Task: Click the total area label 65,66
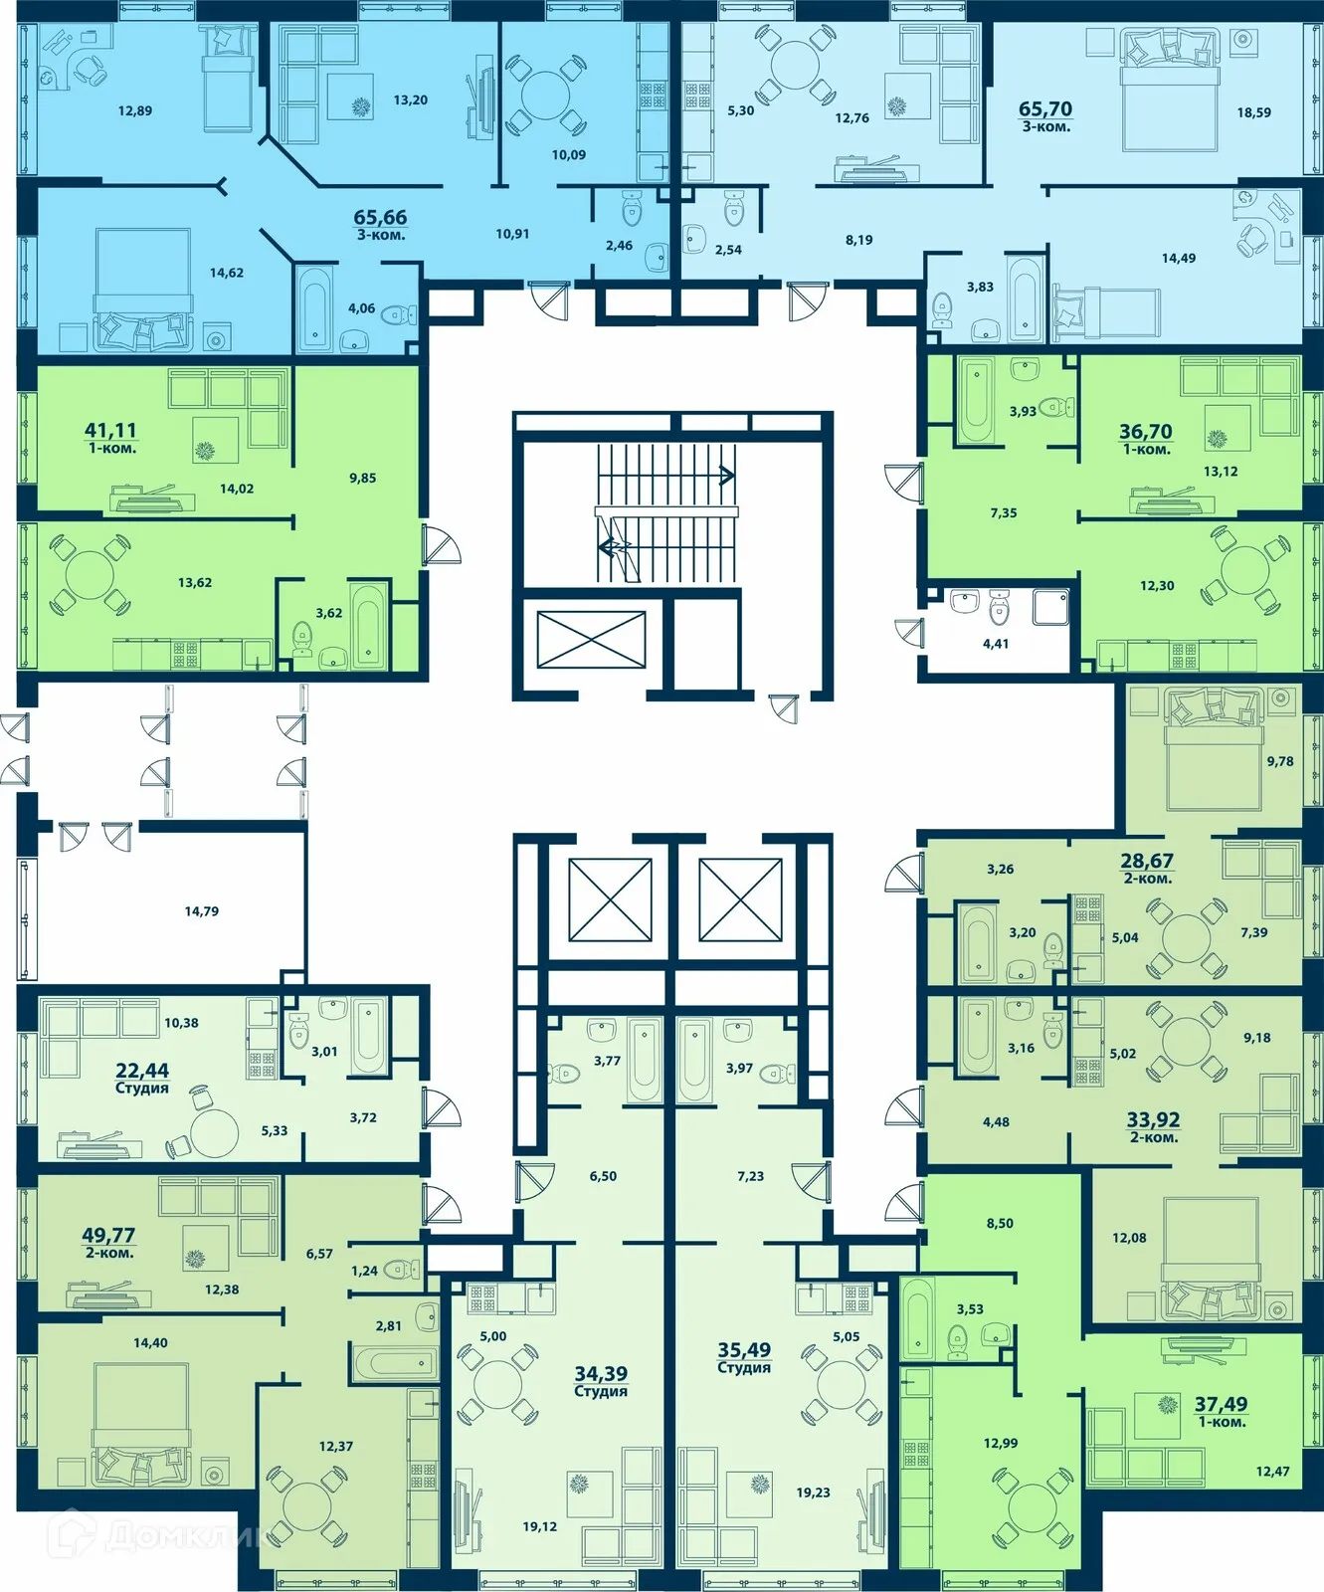(x=380, y=217)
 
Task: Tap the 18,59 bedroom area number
(x=1253, y=112)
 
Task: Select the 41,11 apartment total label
(x=110, y=430)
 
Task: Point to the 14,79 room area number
(x=201, y=910)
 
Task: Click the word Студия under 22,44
(x=142, y=1089)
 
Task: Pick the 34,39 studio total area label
(x=601, y=1373)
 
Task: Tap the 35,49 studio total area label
(x=744, y=1349)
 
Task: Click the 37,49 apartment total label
(x=1221, y=1403)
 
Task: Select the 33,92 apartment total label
(x=1153, y=1119)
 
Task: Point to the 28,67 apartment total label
(x=1147, y=861)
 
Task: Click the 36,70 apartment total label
(x=1146, y=431)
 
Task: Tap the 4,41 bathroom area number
(x=996, y=644)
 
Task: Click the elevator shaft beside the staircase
(x=591, y=639)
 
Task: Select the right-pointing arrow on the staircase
(x=726, y=476)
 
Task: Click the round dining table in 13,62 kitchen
(x=90, y=574)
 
